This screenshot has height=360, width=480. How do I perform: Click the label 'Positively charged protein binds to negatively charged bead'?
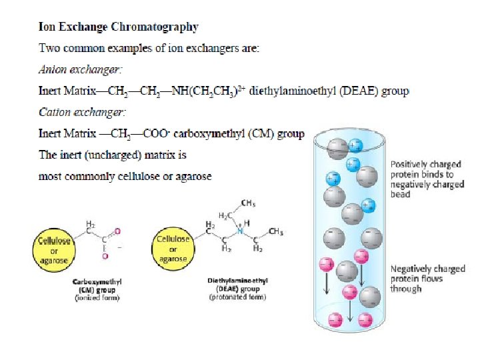click(426, 179)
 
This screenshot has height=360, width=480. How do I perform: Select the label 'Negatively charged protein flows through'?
click(427, 279)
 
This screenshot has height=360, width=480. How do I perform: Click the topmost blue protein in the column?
click(356, 145)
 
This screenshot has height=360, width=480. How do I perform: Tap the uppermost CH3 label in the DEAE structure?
click(248, 203)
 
